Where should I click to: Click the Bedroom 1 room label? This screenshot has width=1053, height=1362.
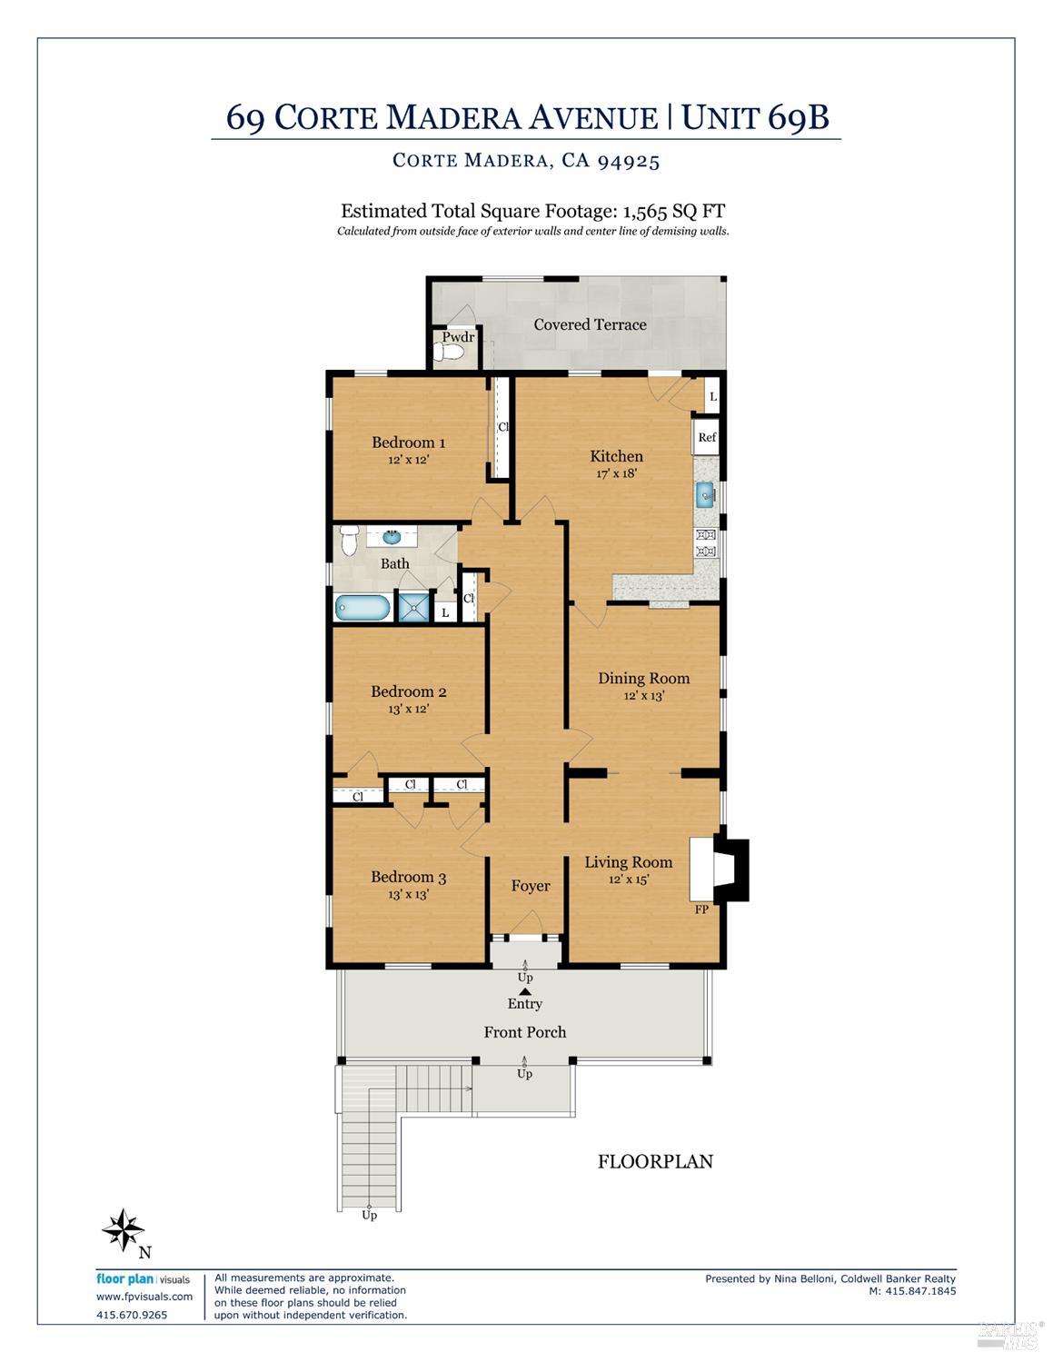[x=408, y=442]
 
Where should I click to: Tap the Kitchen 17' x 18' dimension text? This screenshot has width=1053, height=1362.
[x=616, y=473]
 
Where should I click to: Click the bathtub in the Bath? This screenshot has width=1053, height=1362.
[x=363, y=607]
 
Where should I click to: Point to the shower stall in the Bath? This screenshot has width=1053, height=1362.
[x=413, y=607]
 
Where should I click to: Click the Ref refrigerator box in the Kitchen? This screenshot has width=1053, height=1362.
[x=707, y=438]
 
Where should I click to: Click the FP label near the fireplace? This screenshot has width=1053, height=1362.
[x=701, y=909]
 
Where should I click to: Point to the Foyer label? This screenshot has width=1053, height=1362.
[x=531, y=886]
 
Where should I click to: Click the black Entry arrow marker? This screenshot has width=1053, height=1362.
[x=524, y=991]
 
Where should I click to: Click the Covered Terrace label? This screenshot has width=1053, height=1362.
[x=590, y=324]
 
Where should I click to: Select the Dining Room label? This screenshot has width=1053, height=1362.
[x=643, y=678]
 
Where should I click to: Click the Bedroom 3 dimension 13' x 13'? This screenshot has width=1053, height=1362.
[x=408, y=894]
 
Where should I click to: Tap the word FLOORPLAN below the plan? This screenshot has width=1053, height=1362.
[x=655, y=1161]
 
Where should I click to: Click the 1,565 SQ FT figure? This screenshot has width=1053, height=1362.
[x=673, y=211]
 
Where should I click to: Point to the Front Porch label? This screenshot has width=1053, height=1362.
[x=524, y=1032]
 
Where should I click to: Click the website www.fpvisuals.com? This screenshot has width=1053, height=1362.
[x=144, y=1297]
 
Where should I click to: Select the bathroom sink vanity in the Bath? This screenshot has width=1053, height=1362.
[x=392, y=538]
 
